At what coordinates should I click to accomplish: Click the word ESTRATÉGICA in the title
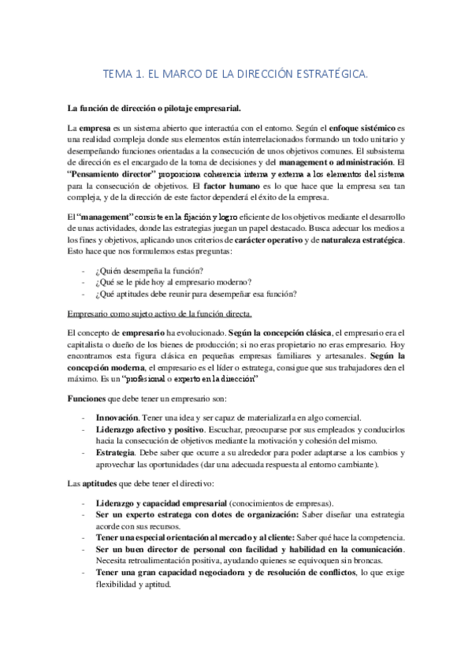pos(330,75)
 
